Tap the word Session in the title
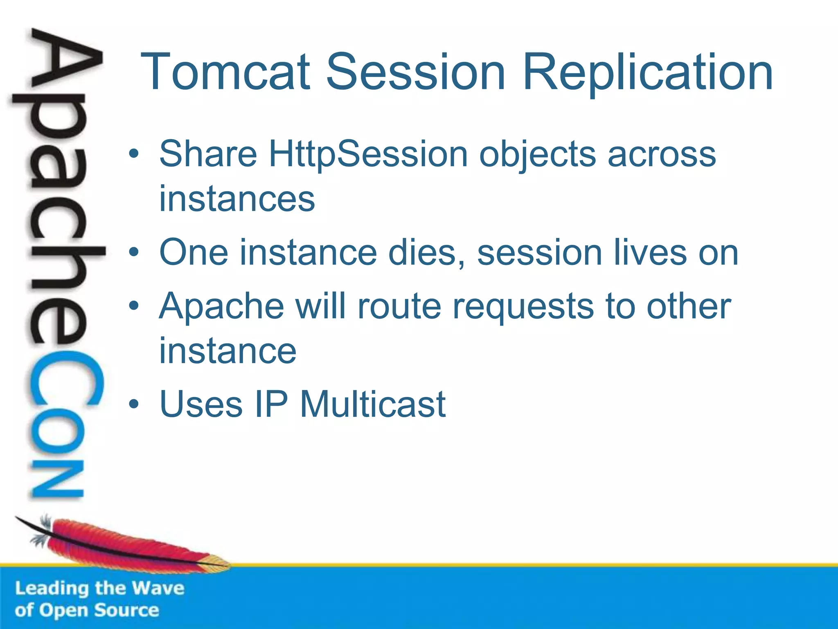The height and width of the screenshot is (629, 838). pos(415,72)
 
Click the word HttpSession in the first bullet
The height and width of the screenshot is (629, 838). pos(368,154)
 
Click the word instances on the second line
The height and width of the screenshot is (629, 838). pos(237,199)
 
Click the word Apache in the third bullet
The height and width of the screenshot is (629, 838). pos(221,307)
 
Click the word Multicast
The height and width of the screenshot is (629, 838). pos(373,405)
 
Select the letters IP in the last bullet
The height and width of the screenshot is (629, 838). pos(271,405)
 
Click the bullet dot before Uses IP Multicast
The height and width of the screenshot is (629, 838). pos(134,405)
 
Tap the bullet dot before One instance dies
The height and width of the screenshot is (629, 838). pos(134,253)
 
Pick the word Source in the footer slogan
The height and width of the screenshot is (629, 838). pos(126,610)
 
